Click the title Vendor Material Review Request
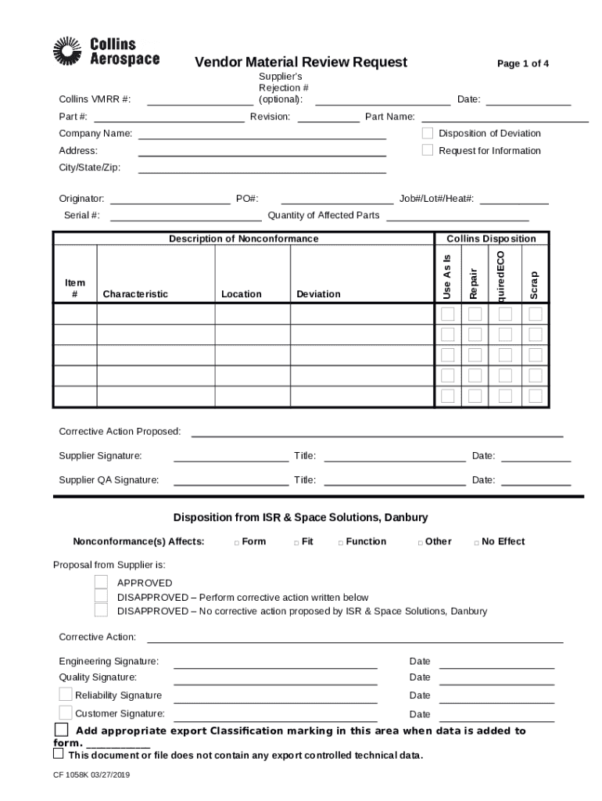[x=300, y=63]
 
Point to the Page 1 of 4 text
[x=522, y=63]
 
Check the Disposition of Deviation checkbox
[x=428, y=133]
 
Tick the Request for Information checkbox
[x=428, y=150]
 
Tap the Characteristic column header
[x=135, y=294]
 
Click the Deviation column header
[x=318, y=294]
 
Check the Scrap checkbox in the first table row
[x=536, y=314]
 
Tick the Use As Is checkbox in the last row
[x=448, y=396]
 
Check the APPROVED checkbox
[x=101, y=582]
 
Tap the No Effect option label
[x=503, y=541]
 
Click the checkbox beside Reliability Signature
[x=66, y=695]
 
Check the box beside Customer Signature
[x=66, y=712]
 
